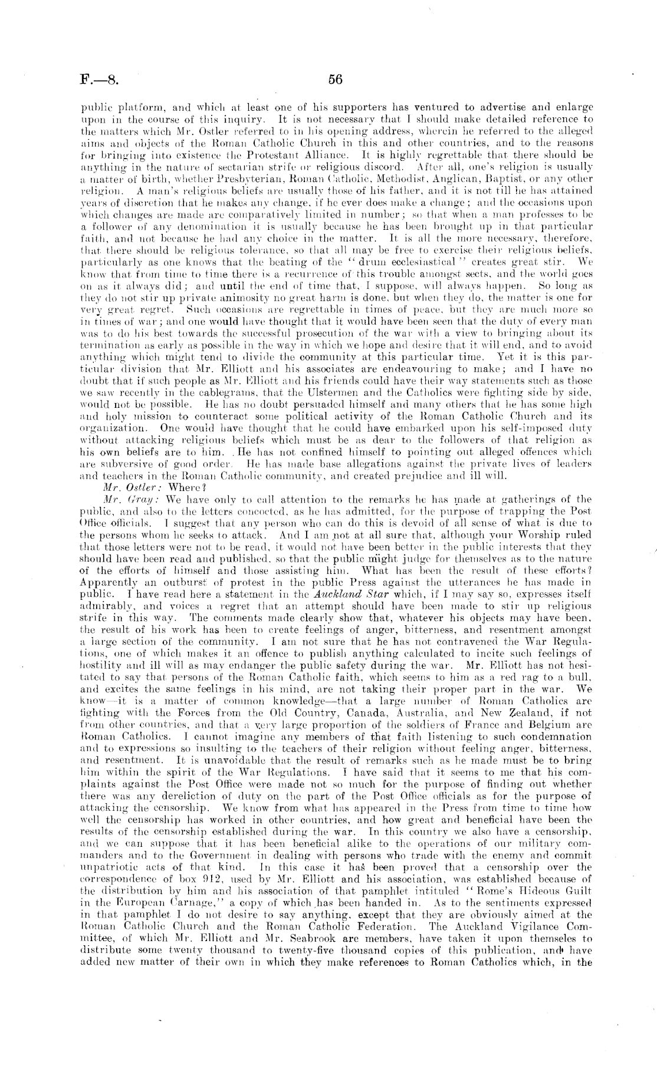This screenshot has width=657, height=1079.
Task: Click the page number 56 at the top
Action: pos(335,80)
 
